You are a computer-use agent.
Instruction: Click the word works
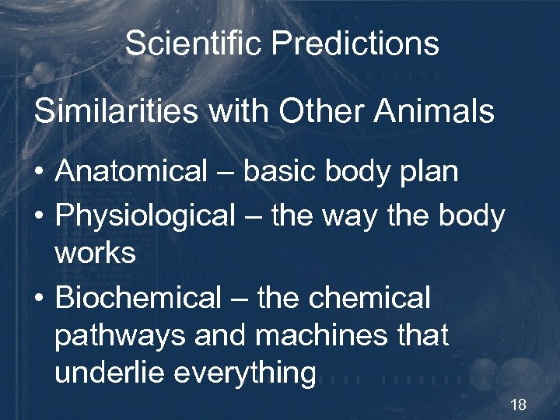(x=95, y=253)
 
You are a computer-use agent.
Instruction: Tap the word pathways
(x=119, y=336)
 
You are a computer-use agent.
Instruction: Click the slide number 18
(x=519, y=404)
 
